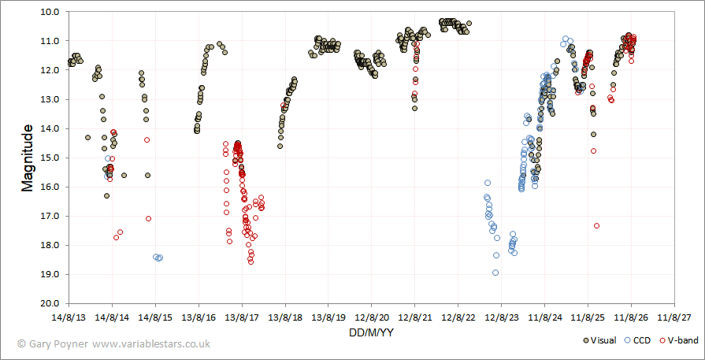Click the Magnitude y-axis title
pyautogui.click(x=28, y=158)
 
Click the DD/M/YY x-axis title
pyautogui.click(x=371, y=332)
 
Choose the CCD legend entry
pyautogui.click(x=636, y=340)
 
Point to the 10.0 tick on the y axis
pyautogui.click(x=56, y=12)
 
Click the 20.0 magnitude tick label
pyautogui.click(x=56, y=304)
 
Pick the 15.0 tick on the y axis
pyautogui.click(x=56, y=158)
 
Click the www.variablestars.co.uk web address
pyautogui.click(x=151, y=344)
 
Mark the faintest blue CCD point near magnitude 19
pyautogui.click(x=495, y=273)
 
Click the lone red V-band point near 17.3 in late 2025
pyautogui.click(x=596, y=225)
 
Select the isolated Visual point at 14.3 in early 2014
pyautogui.click(x=87, y=138)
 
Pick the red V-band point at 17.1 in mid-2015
pyautogui.click(x=148, y=218)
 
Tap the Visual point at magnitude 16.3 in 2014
pyautogui.click(x=106, y=195)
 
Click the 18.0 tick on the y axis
pyautogui.click(x=56, y=246)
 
